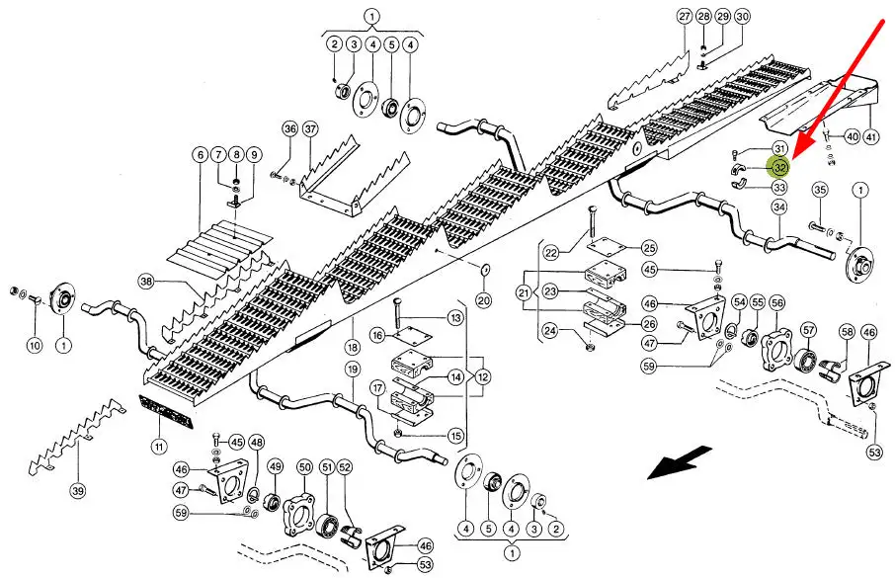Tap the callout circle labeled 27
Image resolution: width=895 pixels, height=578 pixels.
click(x=685, y=17)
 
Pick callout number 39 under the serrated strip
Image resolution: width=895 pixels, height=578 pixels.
click(x=77, y=490)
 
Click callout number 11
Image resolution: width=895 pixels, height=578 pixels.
click(x=158, y=447)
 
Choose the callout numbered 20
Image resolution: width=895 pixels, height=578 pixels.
click(x=483, y=300)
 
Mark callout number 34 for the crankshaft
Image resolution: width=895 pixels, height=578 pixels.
click(x=779, y=207)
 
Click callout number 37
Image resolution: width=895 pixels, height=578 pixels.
click(x=310, y=129)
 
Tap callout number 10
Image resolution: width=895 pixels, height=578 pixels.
click(x=35, y=345)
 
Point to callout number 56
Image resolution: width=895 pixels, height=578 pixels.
click(x=777, y=303)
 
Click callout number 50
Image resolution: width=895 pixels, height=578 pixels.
click(x=304, y=466)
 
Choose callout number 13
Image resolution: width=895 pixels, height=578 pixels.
click(x=454, y=317)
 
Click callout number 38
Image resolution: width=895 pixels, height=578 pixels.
click(x=146, y=282)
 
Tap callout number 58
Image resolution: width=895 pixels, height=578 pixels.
click(x=847, y=331)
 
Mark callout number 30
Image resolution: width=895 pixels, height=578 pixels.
click(x=742, y=17)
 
